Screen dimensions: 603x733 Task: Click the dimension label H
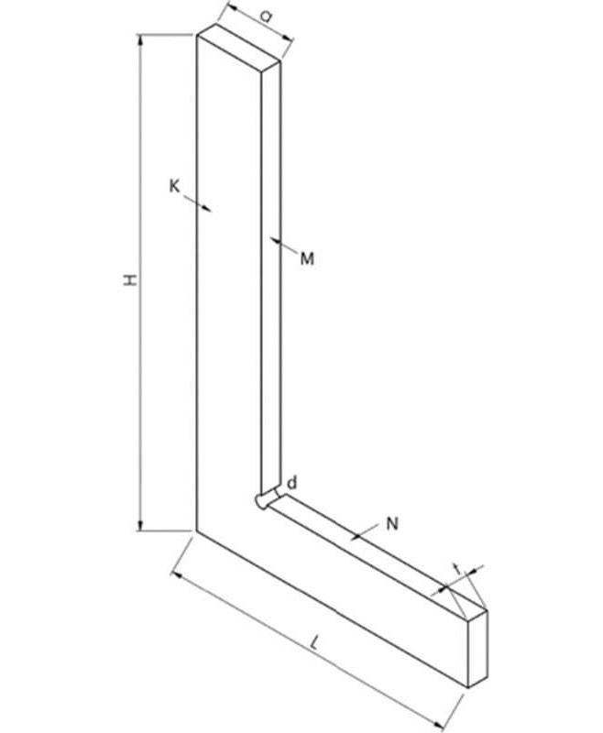pos(132,279)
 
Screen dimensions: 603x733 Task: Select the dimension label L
pos(315,644)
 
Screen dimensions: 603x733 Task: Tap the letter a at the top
pos(265,16)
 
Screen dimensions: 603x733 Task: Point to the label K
pos(174,186)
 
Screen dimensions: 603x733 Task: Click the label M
pos(307,259)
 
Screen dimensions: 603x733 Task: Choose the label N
pos(392,524)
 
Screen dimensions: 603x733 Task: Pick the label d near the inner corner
pos(291,482)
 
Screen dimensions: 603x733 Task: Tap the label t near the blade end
pos(456,569)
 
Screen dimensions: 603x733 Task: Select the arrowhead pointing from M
pos(275,241)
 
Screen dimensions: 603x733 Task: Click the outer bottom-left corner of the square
pos(197,530)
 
